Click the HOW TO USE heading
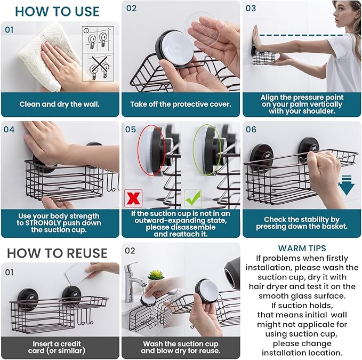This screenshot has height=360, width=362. (x=57, y=11)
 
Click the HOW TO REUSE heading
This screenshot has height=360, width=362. (x=57, y=252)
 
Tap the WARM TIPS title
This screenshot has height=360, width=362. (x=302, y=248)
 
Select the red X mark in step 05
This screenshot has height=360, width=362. (x=133, y=198)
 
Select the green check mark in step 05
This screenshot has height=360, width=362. (x=192, y=198)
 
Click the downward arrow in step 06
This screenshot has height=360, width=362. (x=346, y=185)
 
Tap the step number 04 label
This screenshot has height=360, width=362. (x=10, y=129)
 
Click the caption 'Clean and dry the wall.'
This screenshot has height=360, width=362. (x=59, y=104)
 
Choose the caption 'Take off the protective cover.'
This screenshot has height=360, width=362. (x=181, y=104)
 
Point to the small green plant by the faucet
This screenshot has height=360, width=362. (x=155, y=275)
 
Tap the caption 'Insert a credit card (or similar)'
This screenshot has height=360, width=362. (x=59, y=347)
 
